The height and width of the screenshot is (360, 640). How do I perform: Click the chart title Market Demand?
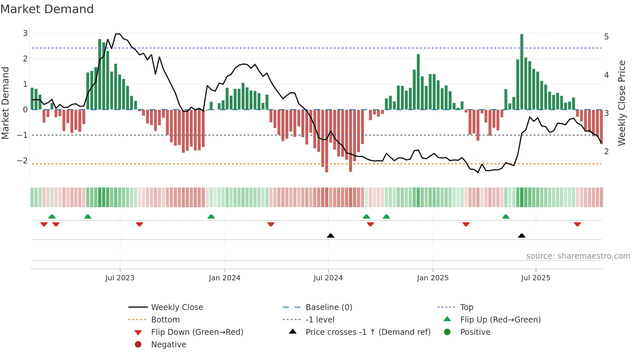point(47,9)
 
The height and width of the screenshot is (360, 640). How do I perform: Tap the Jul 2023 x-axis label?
point(120,278)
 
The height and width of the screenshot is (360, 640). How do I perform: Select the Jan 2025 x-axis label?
point(433,278)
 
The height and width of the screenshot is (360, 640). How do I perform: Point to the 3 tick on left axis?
point(25,33)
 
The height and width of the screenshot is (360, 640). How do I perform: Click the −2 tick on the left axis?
point(23,160)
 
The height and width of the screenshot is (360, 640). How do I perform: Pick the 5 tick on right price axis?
point(606,37)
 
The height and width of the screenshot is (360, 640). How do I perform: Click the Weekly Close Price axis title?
point(622,103)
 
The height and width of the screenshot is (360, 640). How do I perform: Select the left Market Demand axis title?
point(5,103)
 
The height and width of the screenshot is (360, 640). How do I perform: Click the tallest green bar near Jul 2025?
point(522,72)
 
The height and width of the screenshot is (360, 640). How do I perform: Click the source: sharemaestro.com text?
point(578,256)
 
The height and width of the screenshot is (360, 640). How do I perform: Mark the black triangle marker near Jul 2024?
point(330,236)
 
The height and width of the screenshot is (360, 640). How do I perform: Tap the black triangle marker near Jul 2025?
point(522,236)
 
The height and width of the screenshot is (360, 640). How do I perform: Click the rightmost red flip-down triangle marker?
point(577,224)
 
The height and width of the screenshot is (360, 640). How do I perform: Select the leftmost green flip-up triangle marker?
point(52,217)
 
